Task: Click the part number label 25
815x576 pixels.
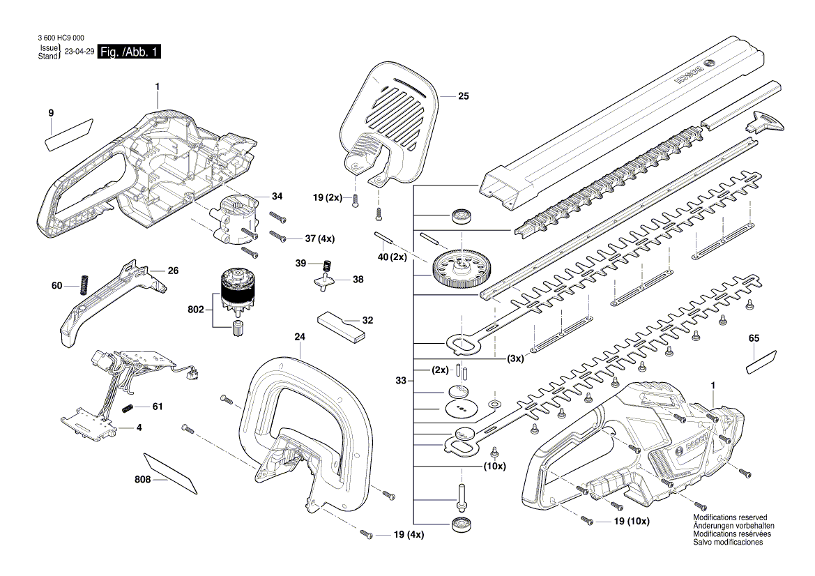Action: (x=462, y=97)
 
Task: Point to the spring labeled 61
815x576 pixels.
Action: (x=128, y=407)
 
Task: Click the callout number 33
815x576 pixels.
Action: (x=401, y=380)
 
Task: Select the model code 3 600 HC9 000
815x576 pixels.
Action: (x=57, y=38)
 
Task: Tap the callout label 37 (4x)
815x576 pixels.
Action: (x=319, y=238)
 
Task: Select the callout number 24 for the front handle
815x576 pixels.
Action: (x=300, y=337)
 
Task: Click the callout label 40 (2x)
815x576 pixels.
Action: (x=390, y=257)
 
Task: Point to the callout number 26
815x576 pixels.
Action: (x=173, y=270)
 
